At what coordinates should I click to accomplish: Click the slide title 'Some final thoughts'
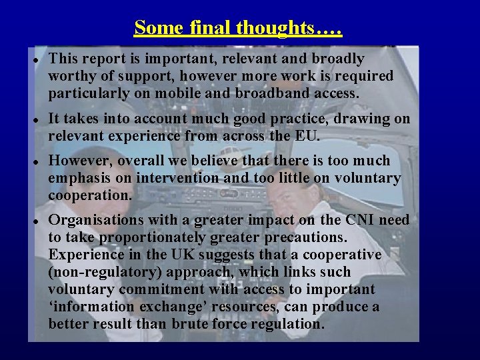click(238, 28)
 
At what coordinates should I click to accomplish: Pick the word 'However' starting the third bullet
click(75, 161)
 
